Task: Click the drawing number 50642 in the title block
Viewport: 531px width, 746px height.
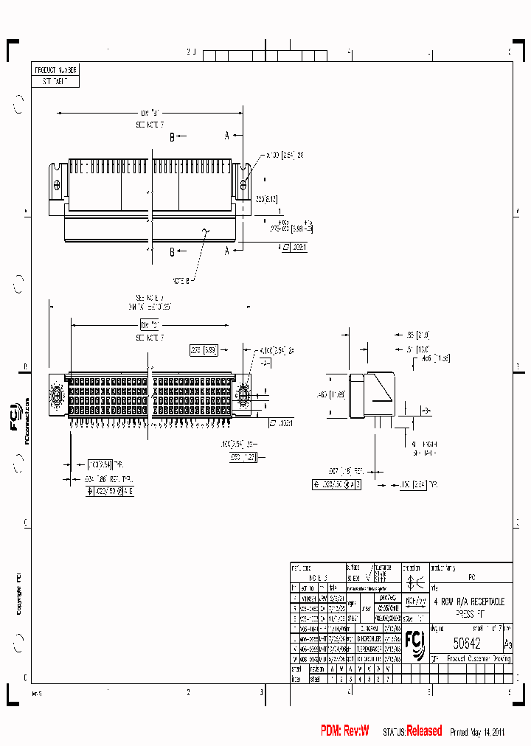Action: (x=466, y=643)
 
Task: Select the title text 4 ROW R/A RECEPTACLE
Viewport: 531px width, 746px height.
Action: (x=468, y=602)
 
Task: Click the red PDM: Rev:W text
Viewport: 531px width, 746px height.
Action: (x=344, y=731)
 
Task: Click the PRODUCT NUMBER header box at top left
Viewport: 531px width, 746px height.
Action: (x=56, y=70)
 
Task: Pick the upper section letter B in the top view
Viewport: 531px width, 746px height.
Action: (x=172, y=137)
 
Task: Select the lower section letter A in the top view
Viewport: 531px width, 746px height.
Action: (x=228, y=251)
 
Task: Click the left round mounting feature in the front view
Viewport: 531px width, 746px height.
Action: (x=56, y=390)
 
